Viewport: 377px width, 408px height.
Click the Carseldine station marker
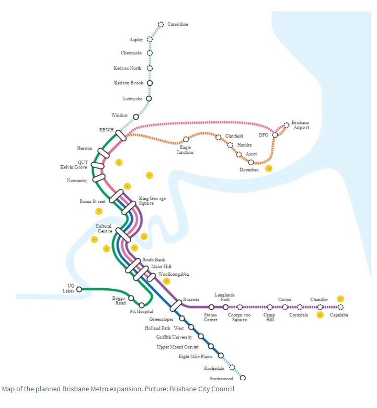[161, 25]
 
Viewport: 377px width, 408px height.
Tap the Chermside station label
[131, 53]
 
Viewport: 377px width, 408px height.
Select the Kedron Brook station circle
[150, 83]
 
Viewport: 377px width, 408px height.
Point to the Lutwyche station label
[132, 99]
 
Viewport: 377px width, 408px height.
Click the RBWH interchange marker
[121, 135]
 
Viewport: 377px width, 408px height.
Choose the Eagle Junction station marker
[185, 140]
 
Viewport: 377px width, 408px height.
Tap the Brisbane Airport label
[300, 125]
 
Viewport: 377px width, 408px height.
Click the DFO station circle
[275, 135]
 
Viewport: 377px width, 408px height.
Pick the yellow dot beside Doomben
[269, 168]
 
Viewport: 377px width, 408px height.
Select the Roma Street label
[93, 201]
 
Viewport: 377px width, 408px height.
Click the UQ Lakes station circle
[79, 289]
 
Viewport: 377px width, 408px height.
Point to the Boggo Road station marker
[131, 298]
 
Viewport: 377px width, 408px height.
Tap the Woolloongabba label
[174, 274]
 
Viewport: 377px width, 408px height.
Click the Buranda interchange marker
[175, 304]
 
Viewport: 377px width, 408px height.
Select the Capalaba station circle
[340, 307]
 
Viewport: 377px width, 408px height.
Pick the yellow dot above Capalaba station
[340, 299]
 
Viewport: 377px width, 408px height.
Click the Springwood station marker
[242, 378]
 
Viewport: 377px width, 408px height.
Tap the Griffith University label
[174, 337]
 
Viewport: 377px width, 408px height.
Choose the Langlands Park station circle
[225, 307]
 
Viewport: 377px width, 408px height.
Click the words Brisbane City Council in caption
[202, 389]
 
